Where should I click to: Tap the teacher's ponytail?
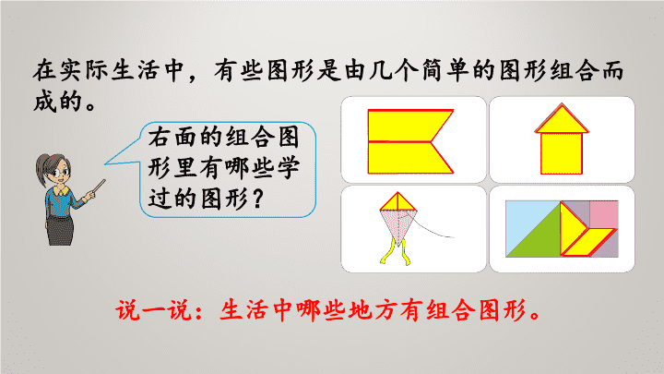[41, 170]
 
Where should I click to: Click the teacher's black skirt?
[60, 231]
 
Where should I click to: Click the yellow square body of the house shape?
[562, 153]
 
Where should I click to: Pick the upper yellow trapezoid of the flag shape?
[406, 126]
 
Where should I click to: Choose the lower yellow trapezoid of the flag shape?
[406, 158]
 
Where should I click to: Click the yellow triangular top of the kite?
[398, 203]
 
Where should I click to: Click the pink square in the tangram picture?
[604, 214]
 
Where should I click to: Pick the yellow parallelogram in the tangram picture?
[587, 242]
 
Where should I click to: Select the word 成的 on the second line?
[58, 102]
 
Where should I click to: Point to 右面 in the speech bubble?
[173, 137]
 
